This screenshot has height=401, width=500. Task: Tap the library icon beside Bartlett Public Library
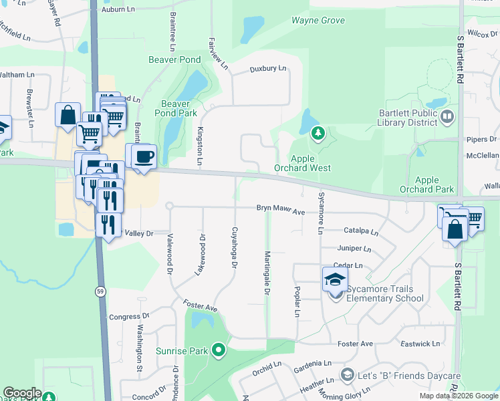(447, 118)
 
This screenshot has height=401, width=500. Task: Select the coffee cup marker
(144, 157)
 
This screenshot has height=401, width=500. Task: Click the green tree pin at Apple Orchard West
(319, 134)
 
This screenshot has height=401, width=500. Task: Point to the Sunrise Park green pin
(218, 350)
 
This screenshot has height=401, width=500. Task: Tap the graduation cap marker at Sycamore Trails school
(335, 279)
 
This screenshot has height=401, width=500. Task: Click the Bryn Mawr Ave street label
(280, 211)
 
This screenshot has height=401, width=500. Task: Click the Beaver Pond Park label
(175, 108)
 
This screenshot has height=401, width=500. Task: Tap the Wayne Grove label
(318, 21)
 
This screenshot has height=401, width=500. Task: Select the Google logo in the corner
(21, 393)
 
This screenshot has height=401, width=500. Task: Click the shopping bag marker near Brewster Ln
(68, 116)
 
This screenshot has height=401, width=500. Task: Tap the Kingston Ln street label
(199, 147)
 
